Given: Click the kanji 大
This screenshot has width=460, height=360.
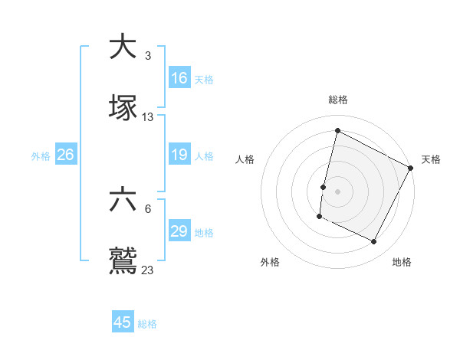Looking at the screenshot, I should click(x=123, y=47).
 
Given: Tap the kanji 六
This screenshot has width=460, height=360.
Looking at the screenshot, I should click(x=123, y=201).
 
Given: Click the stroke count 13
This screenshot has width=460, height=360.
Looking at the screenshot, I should click(x=148, y=117).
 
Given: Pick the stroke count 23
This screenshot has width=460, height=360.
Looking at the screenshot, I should click(x=148, y=270).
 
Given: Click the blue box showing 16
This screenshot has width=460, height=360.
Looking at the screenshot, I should click(x=179, y=77).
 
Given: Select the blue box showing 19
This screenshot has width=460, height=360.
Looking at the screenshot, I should click(x=179, y=155).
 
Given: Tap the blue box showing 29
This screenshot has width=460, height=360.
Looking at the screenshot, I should click(x=179, y=231).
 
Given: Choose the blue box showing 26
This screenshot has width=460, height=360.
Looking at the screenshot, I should click(x=65, y=155).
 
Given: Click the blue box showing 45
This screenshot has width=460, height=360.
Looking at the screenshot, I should click(x=123, y=322).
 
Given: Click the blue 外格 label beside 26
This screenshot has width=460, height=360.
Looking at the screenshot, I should click(x=41, y=155).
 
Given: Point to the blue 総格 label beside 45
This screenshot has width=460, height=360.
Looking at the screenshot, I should click(x=147, y=324).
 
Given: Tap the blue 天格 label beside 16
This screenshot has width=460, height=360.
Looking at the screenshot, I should click(x=204, y=79).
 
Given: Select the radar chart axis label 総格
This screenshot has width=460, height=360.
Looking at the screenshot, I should click(x=338, y=100).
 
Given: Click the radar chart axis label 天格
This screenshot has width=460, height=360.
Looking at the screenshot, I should click(x=431, y=159).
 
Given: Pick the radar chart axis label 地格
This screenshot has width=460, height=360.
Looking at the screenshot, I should click(x=402, y=263).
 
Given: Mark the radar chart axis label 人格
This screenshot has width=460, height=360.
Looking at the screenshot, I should click(x=245, y=159).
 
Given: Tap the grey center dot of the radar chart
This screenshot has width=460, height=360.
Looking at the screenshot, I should click(x=337, y=190).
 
